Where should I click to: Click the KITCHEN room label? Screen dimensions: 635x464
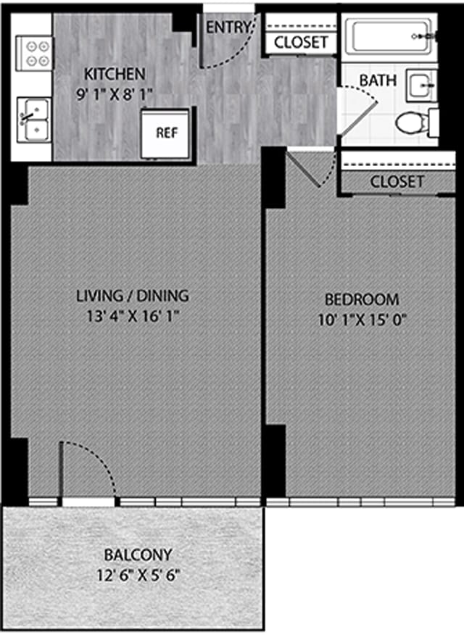pyautogui.click(x=115, y=74)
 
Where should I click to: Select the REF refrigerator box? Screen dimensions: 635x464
pyautogui.click(x=167, y=133)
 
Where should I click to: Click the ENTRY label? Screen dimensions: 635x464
pyautogui.click(x=227, y=28)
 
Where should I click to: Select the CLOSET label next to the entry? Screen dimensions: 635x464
pyautogui.click(x=300, y=42)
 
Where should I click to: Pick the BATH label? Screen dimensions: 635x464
pyautogui.click(x=378, y=79)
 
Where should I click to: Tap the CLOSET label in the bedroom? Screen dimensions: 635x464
pyautogui.click(x=397, y=181)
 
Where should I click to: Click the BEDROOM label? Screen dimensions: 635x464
pyautogui.click(x=361, y=299)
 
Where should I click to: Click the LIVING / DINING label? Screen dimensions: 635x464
pyautogui.click(x=133, y=296)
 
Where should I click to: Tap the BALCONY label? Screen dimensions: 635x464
pyautogui.click(x=138, y=555)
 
